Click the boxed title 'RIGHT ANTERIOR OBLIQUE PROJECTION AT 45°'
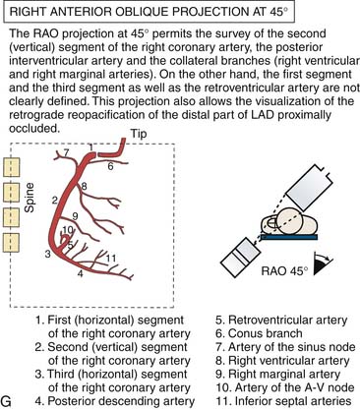(x=149, y=13)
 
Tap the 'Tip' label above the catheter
(x=139, y=134)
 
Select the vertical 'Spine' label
(x=30, y=198)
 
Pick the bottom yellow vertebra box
(x=12, y=243)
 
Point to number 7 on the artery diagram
(x=67, y=152)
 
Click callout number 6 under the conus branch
(x=110, y=166)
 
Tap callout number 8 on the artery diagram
(x=84, y=187)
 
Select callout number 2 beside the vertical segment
(x=55, y=201)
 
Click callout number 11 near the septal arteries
(x=111, y=259)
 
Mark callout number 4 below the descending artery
(x=81, y=273)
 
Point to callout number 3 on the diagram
(x=48, y=254)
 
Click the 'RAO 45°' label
(x=284, y=271)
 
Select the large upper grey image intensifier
(x=310, y=189)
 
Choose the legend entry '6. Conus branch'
(x=259, y=333)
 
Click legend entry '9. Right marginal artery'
(x=277, y=374)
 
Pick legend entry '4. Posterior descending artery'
(x=115, y=401)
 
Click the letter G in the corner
(x=7, y=401)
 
